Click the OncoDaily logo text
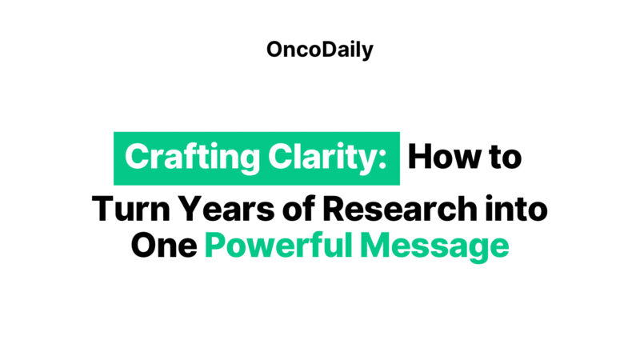(320, 50)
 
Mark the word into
(514, 209)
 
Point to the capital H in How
(421, 157)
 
